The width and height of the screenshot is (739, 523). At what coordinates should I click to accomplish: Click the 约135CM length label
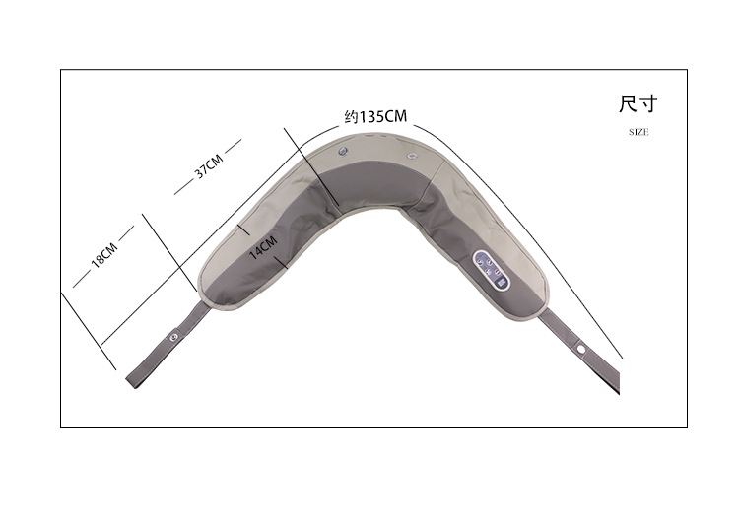(x=375, y=116)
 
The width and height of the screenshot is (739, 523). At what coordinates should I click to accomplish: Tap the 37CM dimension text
(x=208, y=165)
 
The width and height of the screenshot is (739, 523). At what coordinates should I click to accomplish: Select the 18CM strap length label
(x=104, y=256)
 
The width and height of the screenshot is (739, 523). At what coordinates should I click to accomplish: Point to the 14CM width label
(x=263, y=247)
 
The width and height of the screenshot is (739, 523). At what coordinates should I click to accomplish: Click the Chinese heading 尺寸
(x=638, y=103)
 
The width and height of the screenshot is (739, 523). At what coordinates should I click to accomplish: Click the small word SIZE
(x=638, y=132)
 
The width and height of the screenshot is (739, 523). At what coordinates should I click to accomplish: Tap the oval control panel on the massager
(x=491, y=270)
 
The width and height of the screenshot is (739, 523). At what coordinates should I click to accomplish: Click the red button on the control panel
(x=498, y=271)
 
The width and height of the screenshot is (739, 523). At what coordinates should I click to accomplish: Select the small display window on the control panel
(x=501, y=283)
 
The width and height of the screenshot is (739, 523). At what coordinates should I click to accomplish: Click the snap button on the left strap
(x=173, y=337)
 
